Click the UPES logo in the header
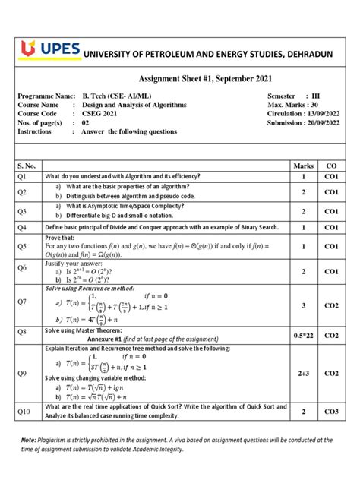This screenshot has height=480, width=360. (43, 49)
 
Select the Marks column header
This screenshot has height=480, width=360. (303, 165)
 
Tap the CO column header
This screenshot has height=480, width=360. (331, 165)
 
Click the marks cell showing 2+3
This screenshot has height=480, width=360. (303, 373)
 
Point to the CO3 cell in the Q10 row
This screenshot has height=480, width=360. (331, 411)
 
